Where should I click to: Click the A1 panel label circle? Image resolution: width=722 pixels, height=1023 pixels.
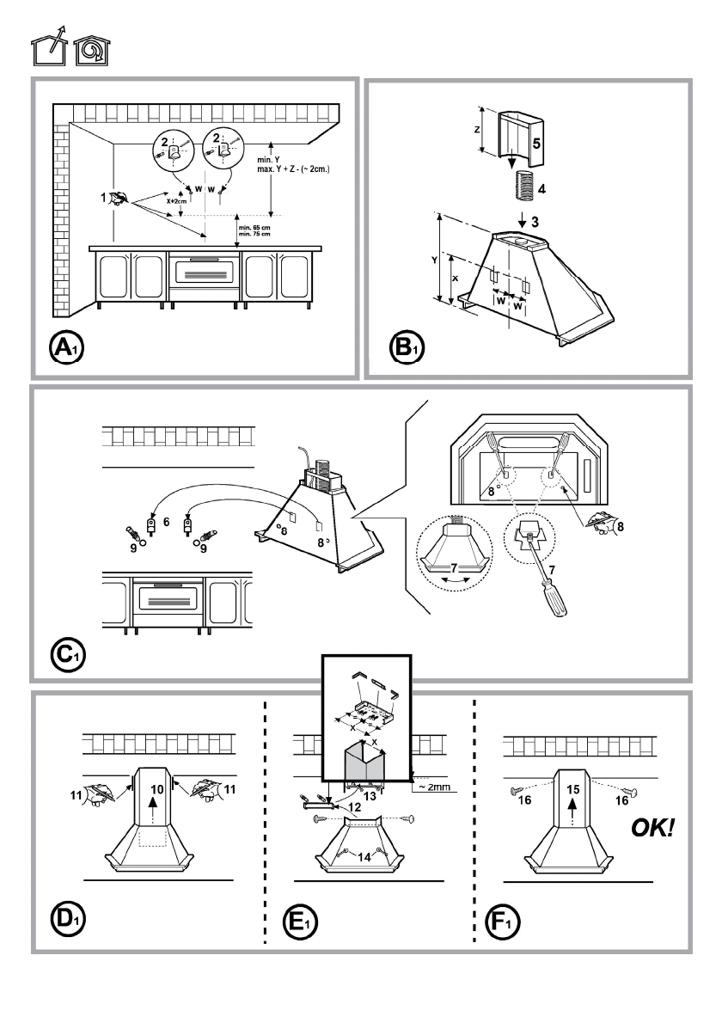tap(66, 348)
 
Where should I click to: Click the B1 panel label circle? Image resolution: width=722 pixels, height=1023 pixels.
tap(406, 348)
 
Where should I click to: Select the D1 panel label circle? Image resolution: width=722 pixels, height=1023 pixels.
tap(68, 919)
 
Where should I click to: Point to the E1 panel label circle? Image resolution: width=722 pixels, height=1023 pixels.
tap(300, 922)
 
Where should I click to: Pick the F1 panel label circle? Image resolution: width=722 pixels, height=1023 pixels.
tap(503, 922)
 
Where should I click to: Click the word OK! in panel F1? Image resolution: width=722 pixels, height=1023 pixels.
tap(652, 828)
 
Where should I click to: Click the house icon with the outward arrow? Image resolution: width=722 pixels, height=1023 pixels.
tap(49, 46)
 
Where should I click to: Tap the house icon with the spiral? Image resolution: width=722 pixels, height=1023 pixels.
tap(92, 50)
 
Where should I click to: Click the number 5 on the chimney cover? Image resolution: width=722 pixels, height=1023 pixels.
tap(536, 143)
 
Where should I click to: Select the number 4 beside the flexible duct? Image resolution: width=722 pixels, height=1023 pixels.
tap(541, 189)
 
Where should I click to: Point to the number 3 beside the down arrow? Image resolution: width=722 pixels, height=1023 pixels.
tap(535, 222)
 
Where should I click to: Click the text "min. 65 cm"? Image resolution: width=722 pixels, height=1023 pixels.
tap(254, 227)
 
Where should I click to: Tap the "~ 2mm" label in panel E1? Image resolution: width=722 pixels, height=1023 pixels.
tap(434, 787)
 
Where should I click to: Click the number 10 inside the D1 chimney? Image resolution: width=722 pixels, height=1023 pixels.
tap(156, 789)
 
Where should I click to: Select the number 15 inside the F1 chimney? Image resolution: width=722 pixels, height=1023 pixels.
tap(572, 789)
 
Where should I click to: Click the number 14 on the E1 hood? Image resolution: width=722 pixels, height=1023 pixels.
tap(364, 856)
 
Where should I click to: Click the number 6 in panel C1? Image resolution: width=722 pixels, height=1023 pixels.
tap(166, 522)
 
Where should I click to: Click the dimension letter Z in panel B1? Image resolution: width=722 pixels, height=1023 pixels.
tap(477, 130)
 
